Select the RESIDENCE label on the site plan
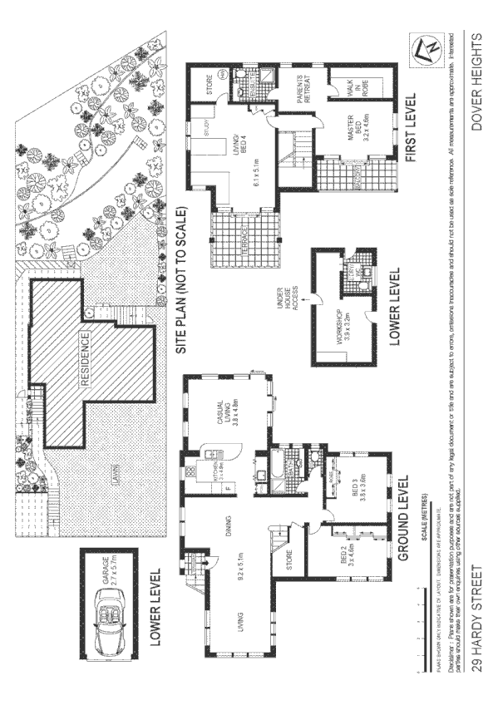(85, 357)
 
